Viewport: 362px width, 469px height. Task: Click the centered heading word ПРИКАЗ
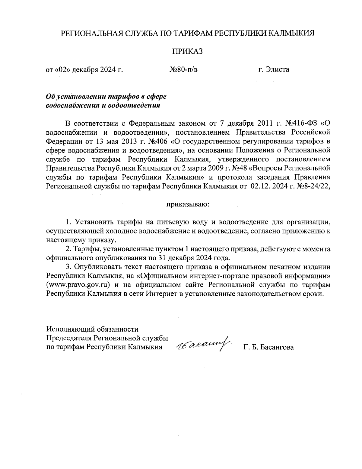pyautogui.click(x=187, y=51)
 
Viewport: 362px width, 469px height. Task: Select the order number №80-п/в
pyautogui.click(x=184, y=70)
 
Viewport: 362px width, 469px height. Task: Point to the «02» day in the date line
pyautogui.click(x=61, y=70)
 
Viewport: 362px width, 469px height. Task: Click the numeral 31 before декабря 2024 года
pyautogui.click(x=161, y=258)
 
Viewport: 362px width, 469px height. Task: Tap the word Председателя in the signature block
pyautogui.click(x=68, y=338)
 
